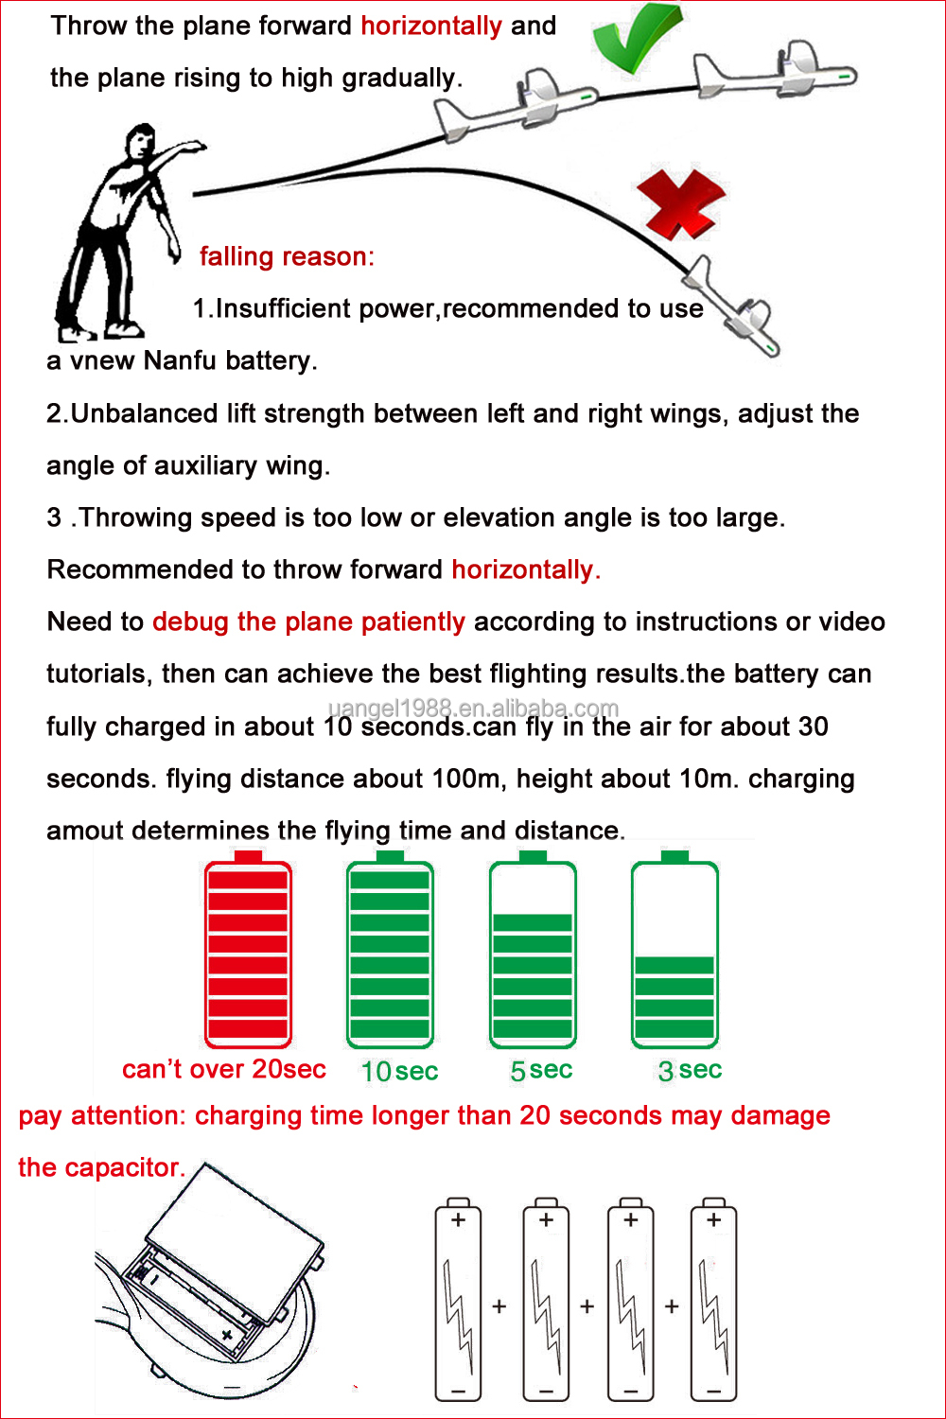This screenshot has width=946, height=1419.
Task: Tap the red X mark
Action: (680, 204)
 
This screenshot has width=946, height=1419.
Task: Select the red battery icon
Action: (248, 949)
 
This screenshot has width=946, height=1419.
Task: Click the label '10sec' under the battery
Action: (399, 1071)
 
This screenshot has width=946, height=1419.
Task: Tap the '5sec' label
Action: (541, 1071)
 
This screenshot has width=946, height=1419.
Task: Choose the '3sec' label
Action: (690, 1071)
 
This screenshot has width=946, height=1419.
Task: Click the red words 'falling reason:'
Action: (287, 256)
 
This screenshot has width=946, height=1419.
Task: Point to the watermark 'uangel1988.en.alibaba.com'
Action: (473, 708)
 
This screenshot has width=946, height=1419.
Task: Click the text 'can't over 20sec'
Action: (223, 1069)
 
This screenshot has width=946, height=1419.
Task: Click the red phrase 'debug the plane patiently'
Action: (308, 622)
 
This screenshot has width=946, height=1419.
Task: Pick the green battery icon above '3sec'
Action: (674, 949)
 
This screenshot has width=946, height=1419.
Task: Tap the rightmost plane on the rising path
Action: (776, 72)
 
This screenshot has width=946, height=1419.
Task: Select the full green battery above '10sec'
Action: (390, 949)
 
